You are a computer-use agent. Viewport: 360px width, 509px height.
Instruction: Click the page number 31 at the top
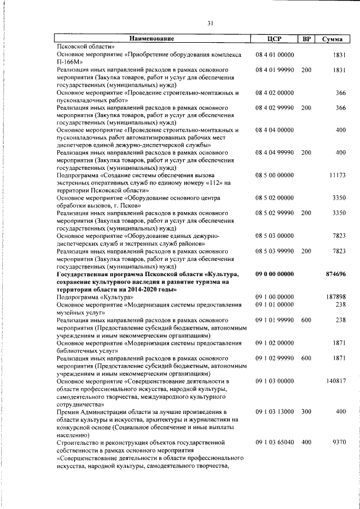pos(210,23)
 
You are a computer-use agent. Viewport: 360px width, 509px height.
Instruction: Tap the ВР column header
pos(306,39)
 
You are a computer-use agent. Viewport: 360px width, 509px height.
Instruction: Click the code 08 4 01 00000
pos(274,55)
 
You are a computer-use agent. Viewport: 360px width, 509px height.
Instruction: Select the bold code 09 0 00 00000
pos(274,274)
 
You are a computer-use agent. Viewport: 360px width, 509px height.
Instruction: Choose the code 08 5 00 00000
pos(274,175)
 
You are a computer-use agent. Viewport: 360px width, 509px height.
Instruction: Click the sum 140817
pos(336,381)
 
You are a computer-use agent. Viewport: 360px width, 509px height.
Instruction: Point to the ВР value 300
pos(306,412)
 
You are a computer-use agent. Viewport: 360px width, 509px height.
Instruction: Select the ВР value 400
pos(306,442)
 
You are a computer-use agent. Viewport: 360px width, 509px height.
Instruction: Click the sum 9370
pos(339,442)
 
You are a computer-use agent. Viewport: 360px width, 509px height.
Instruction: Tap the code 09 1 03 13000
pos(274,412)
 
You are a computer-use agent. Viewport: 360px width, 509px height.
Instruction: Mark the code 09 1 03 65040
pos(274,442)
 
